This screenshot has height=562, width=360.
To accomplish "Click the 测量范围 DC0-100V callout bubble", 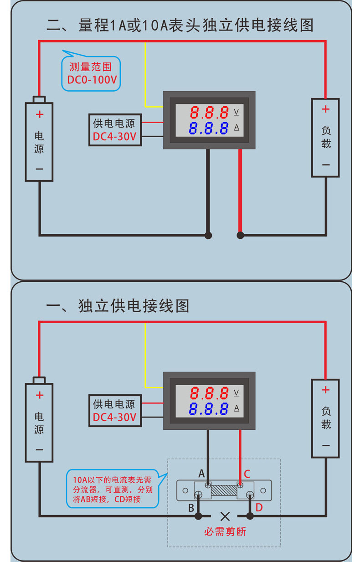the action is (91, 73).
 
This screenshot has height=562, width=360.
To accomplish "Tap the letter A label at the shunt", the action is (201, 474).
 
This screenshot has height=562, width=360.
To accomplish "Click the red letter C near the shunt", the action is (247, 474).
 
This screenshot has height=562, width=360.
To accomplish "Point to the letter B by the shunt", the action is (191, 508).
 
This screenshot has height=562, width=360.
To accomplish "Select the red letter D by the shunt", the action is (259, 507).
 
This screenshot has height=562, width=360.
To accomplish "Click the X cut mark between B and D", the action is (225, 516).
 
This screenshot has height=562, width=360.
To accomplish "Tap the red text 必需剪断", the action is (225, 531).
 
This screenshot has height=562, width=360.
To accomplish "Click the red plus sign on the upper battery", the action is (40, 114).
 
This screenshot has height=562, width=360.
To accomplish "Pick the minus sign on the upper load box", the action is (326, 165).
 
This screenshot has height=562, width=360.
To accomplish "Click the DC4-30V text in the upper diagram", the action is (114, 136).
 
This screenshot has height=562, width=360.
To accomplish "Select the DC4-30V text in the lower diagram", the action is (114, 417).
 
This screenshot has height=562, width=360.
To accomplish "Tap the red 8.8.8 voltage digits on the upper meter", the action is (209, 112).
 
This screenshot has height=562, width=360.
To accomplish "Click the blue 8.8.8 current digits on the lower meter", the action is (209, 409).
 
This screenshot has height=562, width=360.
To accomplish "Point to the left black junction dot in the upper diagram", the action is (208, 235).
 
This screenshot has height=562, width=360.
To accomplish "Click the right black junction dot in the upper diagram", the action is (240, 235).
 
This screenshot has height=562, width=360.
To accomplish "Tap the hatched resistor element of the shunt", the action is (224, 490).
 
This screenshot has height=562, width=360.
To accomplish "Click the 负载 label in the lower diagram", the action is (326, 418).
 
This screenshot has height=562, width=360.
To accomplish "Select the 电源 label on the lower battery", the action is (39, 423).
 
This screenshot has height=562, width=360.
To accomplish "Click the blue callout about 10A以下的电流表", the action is (113, 489).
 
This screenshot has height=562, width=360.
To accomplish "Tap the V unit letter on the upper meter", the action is (237, 111).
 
